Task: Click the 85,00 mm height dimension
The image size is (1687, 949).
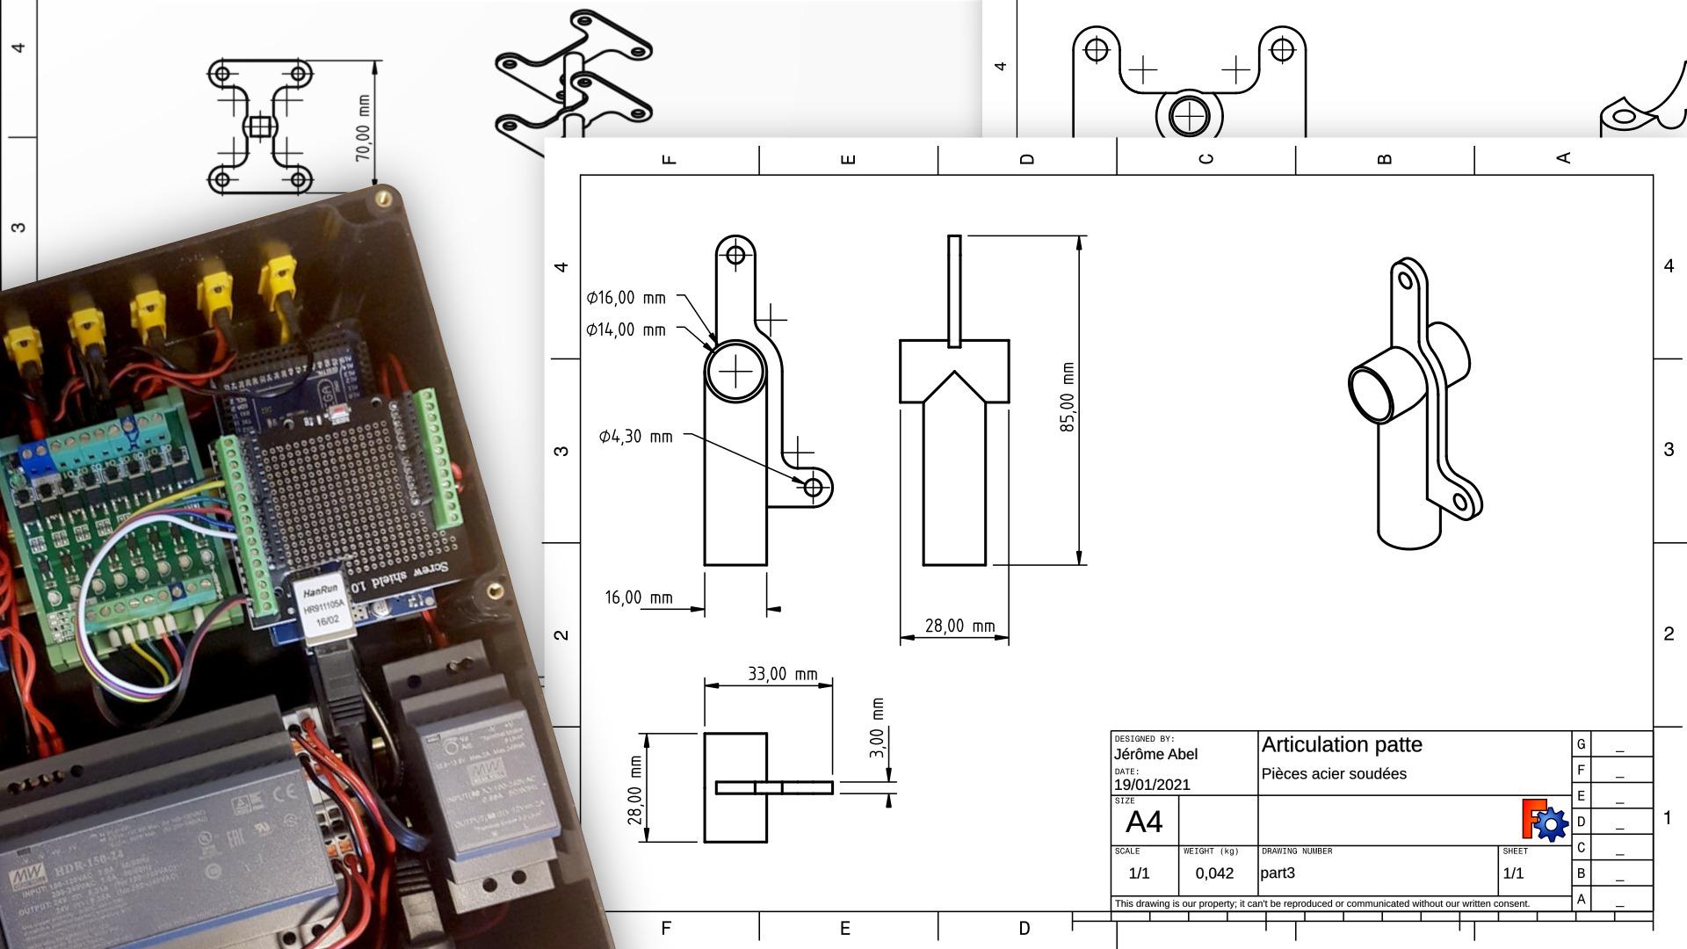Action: tap(1068, 397)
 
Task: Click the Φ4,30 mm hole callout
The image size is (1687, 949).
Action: tap(635, 437)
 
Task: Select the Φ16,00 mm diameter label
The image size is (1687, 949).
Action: tap(626, 298)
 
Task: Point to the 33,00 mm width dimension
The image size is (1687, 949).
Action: tap(782, 674)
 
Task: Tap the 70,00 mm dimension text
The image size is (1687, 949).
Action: tap(362, 128)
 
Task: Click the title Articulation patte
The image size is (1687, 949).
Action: tap(1342, 745)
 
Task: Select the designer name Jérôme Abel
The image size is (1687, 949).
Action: tap(1155, 755)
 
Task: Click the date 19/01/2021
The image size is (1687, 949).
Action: tap(1152, 785)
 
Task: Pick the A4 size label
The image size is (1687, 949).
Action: tap(1143, 822)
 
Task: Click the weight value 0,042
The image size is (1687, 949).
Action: tap(1214, 873)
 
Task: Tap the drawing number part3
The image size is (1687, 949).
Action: tap(1278, 873)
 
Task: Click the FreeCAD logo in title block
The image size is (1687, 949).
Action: tap(1544, 820)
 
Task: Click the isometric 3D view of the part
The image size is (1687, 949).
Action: tap(1415, 404)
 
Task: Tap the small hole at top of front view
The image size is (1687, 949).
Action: tap(735, 255)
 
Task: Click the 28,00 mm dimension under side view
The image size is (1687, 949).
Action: tap(959, 627)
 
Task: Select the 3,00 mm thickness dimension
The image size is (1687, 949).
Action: tap(877, 728)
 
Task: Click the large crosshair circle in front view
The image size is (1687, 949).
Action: tap(735, 372)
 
